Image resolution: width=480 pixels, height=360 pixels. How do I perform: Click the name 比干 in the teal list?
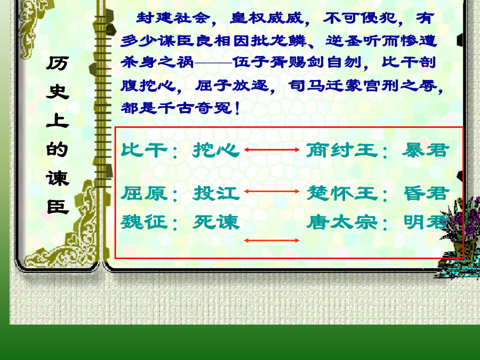(x=144, y=150)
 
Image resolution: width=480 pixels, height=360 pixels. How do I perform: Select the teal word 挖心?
(x=216, y=150)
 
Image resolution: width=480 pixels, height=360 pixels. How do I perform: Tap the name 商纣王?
(x=342, y=150)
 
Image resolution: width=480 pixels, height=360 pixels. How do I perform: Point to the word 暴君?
(x=426, y=150)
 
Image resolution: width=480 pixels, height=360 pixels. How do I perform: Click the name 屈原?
(x=144, y=193)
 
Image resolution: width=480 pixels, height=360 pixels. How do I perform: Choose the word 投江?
(x=216, y=193)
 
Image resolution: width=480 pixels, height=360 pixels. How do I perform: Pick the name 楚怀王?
(x=342, y=193)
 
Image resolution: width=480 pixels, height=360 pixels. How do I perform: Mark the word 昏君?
(x=427, y=193)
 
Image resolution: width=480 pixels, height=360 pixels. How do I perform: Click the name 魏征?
(x=144, y=222)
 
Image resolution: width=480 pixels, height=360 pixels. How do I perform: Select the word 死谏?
(x=216, y=222)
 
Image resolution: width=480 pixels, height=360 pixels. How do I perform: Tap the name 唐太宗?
(x=342, y=222)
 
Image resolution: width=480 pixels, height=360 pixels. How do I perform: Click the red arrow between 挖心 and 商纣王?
(x=272, y=150)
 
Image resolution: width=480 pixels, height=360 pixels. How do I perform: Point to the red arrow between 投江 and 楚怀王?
(x=272, y=191)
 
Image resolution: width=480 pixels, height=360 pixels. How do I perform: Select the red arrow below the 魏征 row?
(x=272, y=241)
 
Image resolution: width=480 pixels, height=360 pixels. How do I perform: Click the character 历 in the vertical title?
(x=58, y=63)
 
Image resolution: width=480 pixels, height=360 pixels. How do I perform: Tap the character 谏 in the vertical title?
(x=58, y=178)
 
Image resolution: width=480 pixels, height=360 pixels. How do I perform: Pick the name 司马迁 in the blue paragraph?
(x=316, y=85)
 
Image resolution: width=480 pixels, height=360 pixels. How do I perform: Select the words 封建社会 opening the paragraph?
(x=173, y=18)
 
